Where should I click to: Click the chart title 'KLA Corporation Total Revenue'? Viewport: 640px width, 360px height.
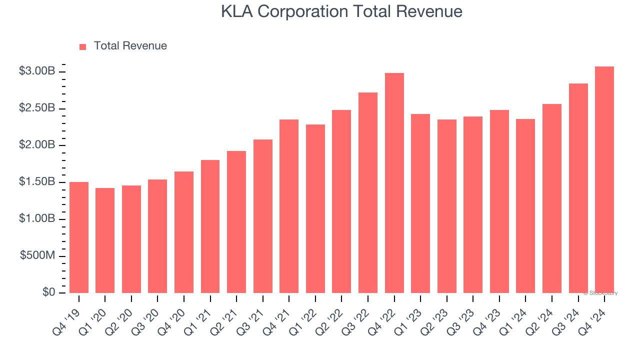click(341, 11)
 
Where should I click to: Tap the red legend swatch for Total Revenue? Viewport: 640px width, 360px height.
click(83, 46)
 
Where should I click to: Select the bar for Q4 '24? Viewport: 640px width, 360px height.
click(604, 180)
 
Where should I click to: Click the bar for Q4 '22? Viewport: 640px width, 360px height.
click(394, 183)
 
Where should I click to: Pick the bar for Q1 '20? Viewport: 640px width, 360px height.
click(105, 240)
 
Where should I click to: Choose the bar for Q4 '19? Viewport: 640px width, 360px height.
click(79, 237)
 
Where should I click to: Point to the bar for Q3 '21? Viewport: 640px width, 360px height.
click(262, 216)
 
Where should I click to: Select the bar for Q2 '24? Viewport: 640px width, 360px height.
click(551, 198)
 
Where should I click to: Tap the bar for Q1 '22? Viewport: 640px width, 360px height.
click(315, 208)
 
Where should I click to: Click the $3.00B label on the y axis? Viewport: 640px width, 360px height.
click(37, 71)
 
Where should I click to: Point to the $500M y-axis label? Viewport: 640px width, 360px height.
click(37, 255)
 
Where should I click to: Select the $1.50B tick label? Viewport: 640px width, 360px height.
click(37, 182)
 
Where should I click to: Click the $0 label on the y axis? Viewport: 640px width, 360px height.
click(48, 292)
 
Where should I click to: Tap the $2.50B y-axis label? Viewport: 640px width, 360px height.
click(37, 108)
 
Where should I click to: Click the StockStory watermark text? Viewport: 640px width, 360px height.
click(600, 293)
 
